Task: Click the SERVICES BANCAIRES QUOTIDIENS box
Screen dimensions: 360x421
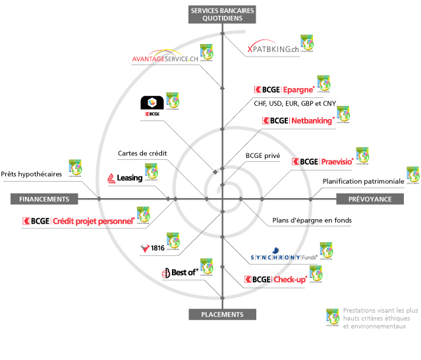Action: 223,14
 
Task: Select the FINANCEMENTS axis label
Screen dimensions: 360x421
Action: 44,199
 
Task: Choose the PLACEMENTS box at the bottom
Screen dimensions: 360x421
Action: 223,315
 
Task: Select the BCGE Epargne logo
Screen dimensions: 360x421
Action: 283,90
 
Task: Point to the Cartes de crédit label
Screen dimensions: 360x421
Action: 142,153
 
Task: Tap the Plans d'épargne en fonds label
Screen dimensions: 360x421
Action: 312,220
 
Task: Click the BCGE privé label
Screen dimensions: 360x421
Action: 263,157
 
